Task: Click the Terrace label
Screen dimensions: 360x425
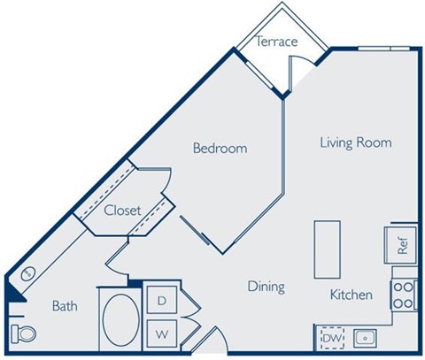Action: pos(276,42)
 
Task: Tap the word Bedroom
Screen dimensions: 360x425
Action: pos(220,149)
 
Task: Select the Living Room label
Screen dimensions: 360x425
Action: pos(354,142)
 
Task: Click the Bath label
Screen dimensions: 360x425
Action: pos(65,306)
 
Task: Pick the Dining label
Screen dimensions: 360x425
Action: pos(265,287)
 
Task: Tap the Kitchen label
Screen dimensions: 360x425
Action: pos(351,295)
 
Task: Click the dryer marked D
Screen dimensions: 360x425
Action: pos(162,302)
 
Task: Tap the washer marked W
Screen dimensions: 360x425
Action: pos(162,334)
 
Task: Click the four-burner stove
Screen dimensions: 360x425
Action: pos(404,295)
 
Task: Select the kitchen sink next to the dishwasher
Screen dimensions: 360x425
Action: pos(364,337)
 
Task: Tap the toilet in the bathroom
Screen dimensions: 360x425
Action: pos(25,333)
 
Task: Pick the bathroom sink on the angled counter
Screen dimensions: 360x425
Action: pos(27,273)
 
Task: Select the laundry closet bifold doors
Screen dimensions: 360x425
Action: pos(189,318)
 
